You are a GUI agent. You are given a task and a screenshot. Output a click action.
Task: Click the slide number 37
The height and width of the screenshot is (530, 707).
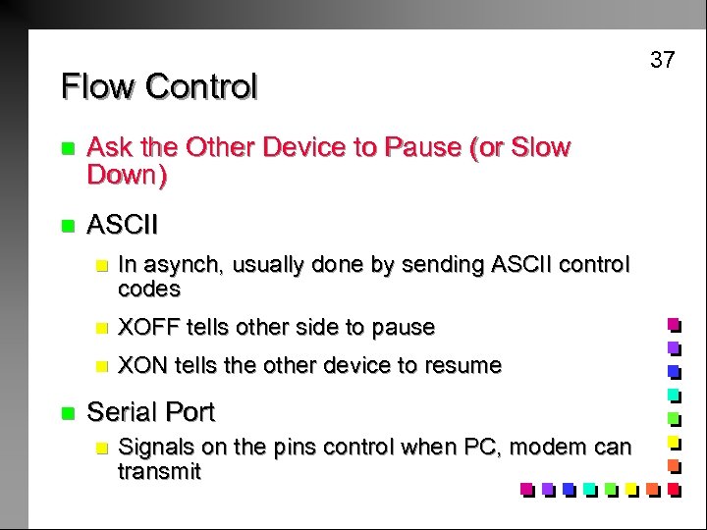coord(663,60)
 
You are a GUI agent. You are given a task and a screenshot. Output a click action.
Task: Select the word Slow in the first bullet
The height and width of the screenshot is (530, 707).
coord(540,148)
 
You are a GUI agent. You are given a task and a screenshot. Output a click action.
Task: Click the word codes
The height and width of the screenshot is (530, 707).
coord(149,289)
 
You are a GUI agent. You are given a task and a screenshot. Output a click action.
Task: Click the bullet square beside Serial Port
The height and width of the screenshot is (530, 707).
coord(67,412)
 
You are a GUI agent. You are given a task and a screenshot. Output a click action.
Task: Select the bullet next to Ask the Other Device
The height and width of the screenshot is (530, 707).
coord(67,149)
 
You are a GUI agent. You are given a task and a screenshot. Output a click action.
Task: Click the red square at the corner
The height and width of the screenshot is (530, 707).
coord(674,487)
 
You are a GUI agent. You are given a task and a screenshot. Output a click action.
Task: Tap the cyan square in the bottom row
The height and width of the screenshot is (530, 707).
coord(589,488)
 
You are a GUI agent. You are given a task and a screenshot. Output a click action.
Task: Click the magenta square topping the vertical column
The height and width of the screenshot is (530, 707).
coord(674,323)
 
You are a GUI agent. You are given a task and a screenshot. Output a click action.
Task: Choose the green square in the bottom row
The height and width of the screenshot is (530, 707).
coord(610,488)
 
